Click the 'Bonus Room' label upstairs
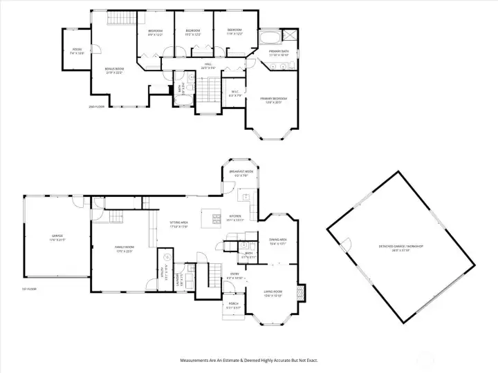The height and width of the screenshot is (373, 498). click(x=113, y=71)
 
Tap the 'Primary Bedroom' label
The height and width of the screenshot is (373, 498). click(x=274, y=99)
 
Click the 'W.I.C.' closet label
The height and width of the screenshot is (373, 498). click(x=234, y=95)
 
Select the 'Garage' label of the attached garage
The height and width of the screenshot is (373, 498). click(x=57, y=237)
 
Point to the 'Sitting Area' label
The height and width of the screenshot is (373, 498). click(x=179, y=224)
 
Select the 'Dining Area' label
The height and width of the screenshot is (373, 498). click(x=278, y=241)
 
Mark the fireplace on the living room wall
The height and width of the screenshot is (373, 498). click(x=299, y=291)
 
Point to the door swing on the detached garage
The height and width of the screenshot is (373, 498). click(x=340, y=244)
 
